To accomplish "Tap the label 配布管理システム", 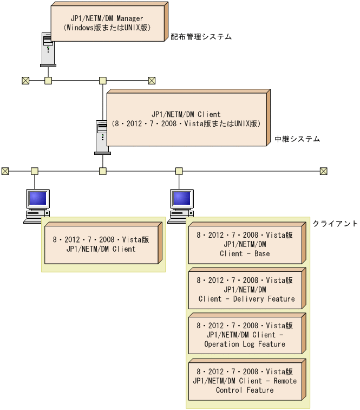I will click(x=201, y=37).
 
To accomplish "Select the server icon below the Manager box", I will click(x=48, y=49).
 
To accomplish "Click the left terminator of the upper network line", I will click(x=25, y=81).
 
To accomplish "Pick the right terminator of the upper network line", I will click(x=152, y=81).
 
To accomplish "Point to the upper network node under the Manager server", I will click(x=48, y=81).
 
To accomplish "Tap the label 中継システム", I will click(x=297, y=139).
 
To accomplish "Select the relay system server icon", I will click(x=102, y=136).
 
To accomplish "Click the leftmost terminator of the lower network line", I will click(x=5, y=171).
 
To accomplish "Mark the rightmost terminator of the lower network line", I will click(x=323, y=171).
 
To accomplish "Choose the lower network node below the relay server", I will click(x=102, y=171).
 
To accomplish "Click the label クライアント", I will click(x=335, y=224).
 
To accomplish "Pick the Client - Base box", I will click(x=245, y=244).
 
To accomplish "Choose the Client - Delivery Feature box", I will click(x=245, y=290).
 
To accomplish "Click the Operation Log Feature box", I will click(x=245, y=335).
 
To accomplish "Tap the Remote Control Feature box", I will click(x=245, y=381).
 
